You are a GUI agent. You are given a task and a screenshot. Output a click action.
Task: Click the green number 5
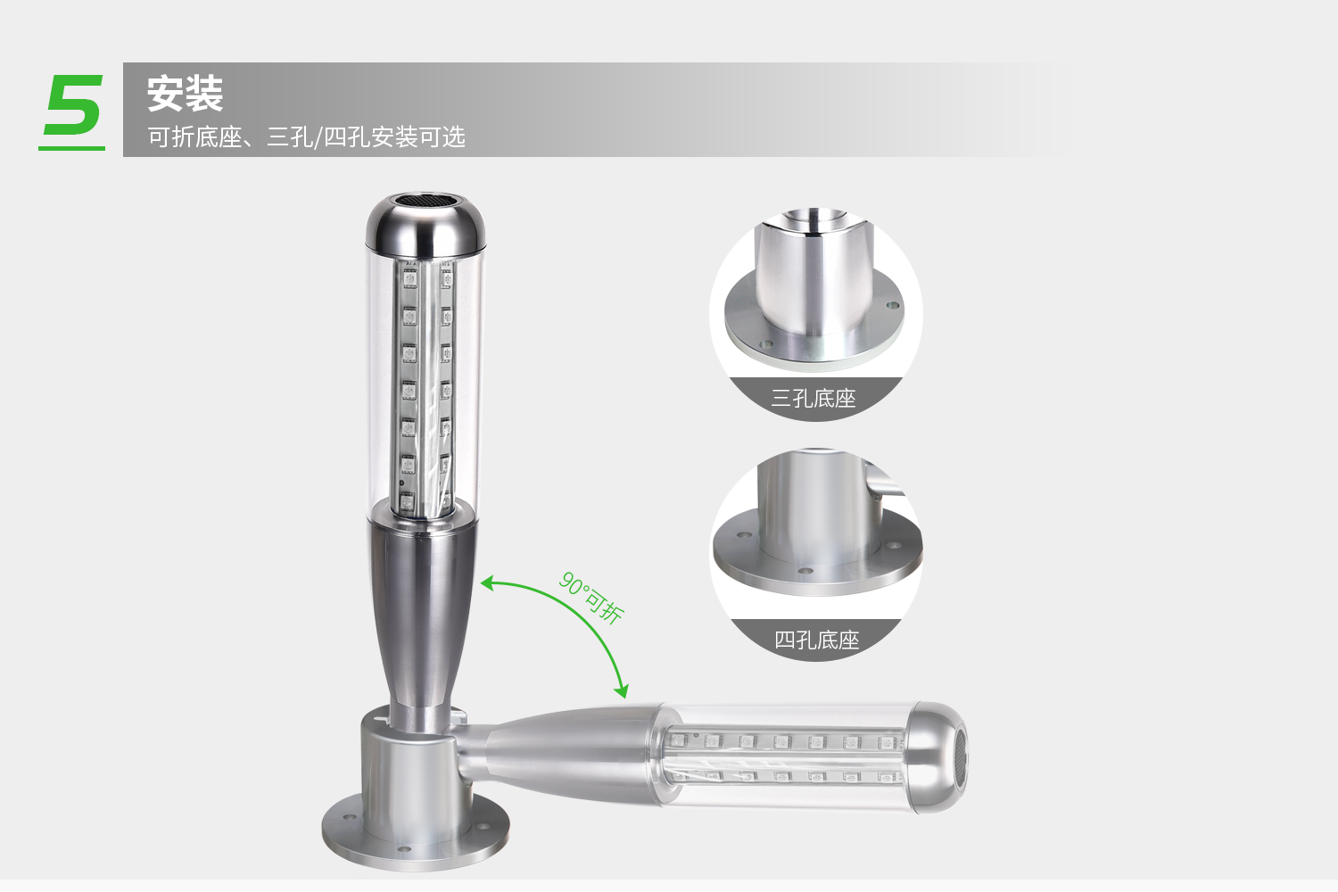73,104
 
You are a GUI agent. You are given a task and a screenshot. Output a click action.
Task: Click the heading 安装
186,93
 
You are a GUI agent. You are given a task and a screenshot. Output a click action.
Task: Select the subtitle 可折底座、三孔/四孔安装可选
307,136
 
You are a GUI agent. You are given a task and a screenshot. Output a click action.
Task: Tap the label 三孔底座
814,398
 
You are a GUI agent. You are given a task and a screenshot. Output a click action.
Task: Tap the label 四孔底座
816,640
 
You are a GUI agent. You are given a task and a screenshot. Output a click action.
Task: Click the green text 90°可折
591,598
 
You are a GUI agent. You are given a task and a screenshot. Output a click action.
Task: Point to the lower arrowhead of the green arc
622,691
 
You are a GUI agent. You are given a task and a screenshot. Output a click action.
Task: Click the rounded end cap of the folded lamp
936,757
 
